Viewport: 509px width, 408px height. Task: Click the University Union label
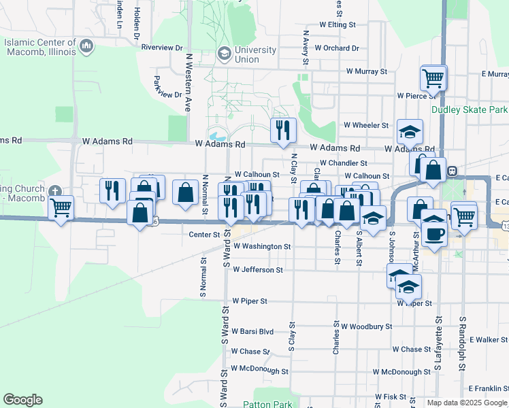point(255,54)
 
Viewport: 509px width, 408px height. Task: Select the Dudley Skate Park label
point(470,109)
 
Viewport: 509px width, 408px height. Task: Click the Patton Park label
point(269,404)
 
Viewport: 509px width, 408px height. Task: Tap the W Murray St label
point(366,71)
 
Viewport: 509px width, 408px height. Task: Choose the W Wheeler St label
point(365,125)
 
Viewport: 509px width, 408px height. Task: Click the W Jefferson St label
point(257,270)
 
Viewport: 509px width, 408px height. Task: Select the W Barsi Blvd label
point(252,332)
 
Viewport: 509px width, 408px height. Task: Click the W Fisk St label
point(389,396)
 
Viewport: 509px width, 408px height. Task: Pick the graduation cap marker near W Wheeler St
point(410,131)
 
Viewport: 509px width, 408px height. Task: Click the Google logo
point(22,400)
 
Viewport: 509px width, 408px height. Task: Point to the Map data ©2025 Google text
point(467,403)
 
